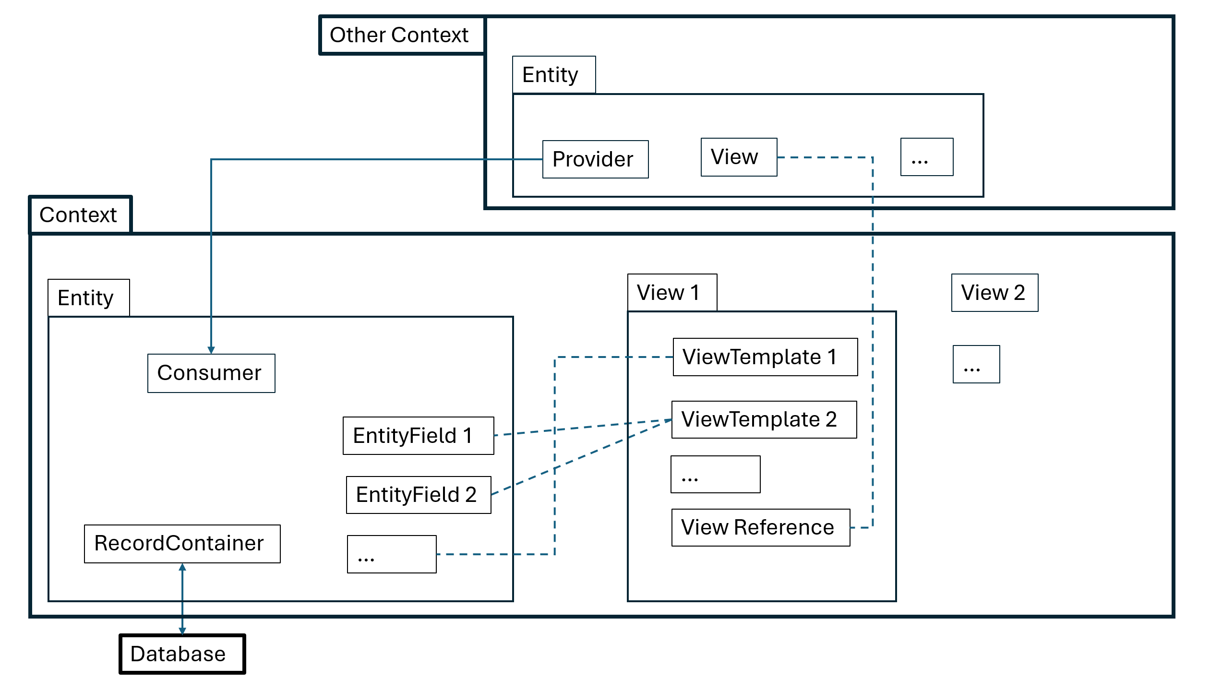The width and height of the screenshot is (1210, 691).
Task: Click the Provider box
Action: [x=595, y=159]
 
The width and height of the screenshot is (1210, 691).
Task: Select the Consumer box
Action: [x=211, y=373]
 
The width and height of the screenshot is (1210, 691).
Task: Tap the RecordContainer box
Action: [x=182, y=544]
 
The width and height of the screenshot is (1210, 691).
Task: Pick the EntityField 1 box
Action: [x=418, y=436]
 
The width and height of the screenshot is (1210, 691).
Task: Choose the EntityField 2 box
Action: [x=418, y=495]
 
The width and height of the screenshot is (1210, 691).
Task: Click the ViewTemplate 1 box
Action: [x=765, y=357]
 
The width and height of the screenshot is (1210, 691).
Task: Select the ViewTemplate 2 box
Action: [x=764, y=420]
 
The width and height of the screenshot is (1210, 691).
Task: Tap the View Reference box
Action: [x=760, y=527]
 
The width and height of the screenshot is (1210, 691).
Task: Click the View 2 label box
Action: [x=994, y=293]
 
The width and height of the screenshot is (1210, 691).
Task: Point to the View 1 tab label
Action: [x=672, y=293]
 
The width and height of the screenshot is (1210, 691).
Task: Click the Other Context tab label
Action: [x=401, y=36]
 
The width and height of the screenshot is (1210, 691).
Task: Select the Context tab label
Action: [x=80, y=215]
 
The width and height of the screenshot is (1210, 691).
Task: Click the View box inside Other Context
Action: [x=739, y=157]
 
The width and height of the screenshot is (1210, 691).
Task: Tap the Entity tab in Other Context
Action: [x=554, y=75]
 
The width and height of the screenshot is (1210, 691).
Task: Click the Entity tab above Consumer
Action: [x=88, y=298]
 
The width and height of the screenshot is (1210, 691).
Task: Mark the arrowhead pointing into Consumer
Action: [x=211, y=350]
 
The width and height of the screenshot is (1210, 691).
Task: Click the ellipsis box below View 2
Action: [x=976, y=364]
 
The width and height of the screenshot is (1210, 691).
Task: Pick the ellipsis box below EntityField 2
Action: [x=392, y=554]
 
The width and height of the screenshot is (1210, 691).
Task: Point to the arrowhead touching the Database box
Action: [x=182, y=631]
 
